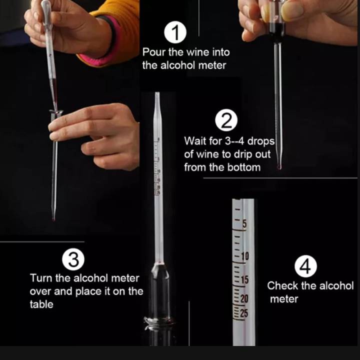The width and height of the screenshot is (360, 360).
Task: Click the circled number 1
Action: point(175,32)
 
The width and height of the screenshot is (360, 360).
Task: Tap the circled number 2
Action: point(226,120)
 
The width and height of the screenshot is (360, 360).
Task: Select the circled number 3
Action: point(73,259)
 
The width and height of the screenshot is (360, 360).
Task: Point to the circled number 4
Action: point(305,266)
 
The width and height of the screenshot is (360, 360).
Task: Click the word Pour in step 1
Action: point(153,52)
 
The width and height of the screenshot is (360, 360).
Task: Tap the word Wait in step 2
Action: point(195,140)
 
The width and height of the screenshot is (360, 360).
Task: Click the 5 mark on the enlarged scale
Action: point(244,224)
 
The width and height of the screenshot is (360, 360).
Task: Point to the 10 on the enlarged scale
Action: point(245,256)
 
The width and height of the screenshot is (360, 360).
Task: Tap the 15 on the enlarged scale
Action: point(244,279)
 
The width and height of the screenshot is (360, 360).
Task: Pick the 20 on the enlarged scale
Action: point(244,298)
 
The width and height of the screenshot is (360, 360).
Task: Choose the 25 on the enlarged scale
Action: point(244,313)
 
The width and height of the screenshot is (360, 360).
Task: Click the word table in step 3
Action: point(41,304)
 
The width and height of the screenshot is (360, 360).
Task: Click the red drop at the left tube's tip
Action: point(53,219)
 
